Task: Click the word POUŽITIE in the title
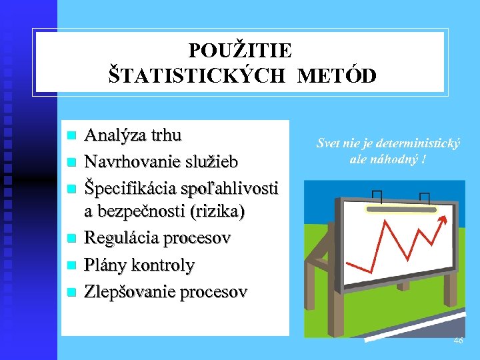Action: (x=240, y=51)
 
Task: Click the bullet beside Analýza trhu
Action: (x=73, y=135)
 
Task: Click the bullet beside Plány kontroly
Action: (x=73, y=265)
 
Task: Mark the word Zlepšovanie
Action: (x=127, y=291)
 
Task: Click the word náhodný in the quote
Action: (x=395, y=159)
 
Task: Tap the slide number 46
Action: (x=458, y=341)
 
